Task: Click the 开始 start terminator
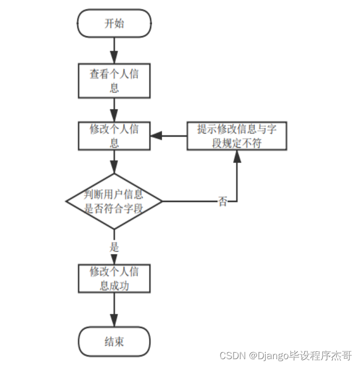[x=114, y=24]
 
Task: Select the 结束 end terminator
[x=114, y=341]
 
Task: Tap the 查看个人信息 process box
[x=114, y=80]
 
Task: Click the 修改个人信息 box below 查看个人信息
[x=114, y=136]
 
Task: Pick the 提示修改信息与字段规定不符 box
[x=237, y=136]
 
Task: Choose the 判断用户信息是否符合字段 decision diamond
[x=114, y=201]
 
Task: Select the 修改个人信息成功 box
[x=114, y=278]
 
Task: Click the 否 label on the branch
[x=223, y=202]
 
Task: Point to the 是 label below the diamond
[x=114, y=247]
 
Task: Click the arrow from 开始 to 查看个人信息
[x=114, y=50]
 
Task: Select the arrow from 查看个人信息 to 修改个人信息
[x=114, y=109]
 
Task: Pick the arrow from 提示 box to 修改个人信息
[x=168, y=136]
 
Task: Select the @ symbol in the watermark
[x=253, y=356]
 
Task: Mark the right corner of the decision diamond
[x=161, y=201]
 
